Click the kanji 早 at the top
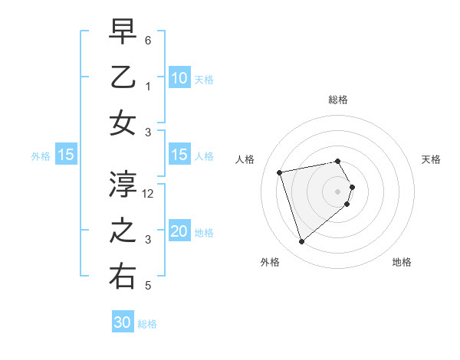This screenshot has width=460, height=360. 123,32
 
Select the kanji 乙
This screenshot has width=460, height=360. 123,77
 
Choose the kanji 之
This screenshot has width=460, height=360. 123,231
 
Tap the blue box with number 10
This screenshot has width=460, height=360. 179,77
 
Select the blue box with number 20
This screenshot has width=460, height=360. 179,231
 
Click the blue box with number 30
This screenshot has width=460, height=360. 123,322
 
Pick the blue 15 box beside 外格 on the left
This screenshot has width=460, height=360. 65,155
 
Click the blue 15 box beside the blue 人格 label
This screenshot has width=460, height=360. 179,155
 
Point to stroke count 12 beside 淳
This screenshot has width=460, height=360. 149,194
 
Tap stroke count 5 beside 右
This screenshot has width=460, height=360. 148,286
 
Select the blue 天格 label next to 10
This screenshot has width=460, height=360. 203,79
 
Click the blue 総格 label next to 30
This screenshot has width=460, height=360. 147,324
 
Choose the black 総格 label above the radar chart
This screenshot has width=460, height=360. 338,100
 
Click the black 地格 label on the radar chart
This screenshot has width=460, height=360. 402,263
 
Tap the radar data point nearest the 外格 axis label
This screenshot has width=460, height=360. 301,242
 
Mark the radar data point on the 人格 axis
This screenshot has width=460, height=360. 280,172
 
